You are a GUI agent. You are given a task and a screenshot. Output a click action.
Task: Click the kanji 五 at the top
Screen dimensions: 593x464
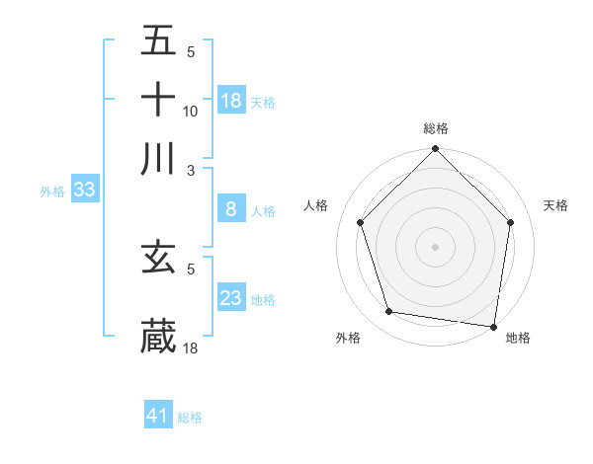coord(158,42)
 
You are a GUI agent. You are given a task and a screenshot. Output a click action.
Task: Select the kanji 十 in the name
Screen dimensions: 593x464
coord(158,101)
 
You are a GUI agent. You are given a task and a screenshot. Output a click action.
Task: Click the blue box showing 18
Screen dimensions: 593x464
coord(231,101)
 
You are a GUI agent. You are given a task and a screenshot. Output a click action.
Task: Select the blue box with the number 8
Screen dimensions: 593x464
coord(231,209)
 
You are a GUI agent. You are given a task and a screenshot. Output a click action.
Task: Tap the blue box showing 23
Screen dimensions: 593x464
coord(231,298)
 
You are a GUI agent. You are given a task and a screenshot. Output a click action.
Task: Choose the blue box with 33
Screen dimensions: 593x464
coord(84,191)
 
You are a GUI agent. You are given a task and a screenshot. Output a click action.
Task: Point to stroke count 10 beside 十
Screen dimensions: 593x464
coord(191,112)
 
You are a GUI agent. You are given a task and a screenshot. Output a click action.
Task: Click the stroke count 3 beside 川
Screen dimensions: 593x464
coord(192,169)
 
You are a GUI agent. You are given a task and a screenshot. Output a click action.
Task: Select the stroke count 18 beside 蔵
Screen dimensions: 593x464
coord(191,348)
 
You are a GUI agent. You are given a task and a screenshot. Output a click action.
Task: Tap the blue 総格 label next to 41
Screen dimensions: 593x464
coord(190,418)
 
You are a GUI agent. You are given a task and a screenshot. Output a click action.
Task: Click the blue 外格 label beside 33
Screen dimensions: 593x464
coord(51,192)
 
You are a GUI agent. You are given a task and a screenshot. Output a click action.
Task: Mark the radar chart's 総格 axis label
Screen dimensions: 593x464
coord(436,128)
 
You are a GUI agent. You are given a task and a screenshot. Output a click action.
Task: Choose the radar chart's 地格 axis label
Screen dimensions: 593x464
coord(518,338)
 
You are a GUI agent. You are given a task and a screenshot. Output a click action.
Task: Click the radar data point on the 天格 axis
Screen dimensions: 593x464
coord(510,222)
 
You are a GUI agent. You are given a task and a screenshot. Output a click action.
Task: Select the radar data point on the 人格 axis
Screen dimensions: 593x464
coord(361,222)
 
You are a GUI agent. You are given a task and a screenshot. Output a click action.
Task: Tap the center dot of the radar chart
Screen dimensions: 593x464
coord(436,246)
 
